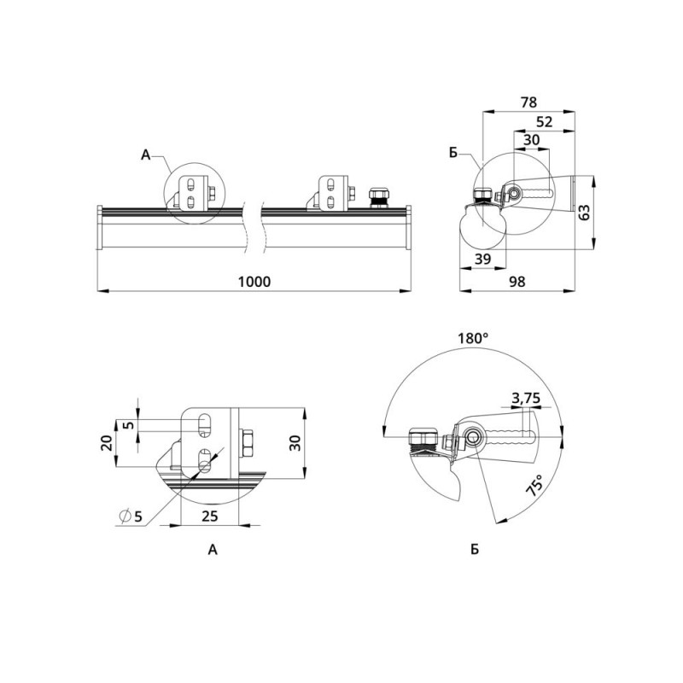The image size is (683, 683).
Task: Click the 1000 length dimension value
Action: [254, 282]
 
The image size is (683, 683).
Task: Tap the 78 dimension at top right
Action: [528, 102]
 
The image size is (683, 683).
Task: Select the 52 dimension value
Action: [544, 122]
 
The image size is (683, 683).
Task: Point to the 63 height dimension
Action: [585, 212]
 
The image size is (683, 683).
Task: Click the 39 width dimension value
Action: [482, 260]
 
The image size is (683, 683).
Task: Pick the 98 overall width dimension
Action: [517, 282]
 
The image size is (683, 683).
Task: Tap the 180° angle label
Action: [473, 338]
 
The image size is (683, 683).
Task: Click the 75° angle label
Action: [535, 485]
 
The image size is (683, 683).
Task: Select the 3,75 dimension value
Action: [526, 398]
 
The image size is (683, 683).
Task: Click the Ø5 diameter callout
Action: [131, 517]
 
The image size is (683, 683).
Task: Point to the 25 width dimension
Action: [209, 517]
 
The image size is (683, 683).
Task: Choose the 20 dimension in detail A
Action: [108, 443]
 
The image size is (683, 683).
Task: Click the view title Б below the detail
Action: [475, 549]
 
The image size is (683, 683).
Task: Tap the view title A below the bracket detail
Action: [213, 550]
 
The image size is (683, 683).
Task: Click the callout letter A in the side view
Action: [145, 155]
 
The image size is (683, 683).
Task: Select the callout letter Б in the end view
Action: [453, 154]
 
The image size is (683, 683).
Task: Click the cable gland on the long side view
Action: [379, 198]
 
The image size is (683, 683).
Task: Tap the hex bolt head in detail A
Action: [246, 443]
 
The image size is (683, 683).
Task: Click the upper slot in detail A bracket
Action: [203, 424]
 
